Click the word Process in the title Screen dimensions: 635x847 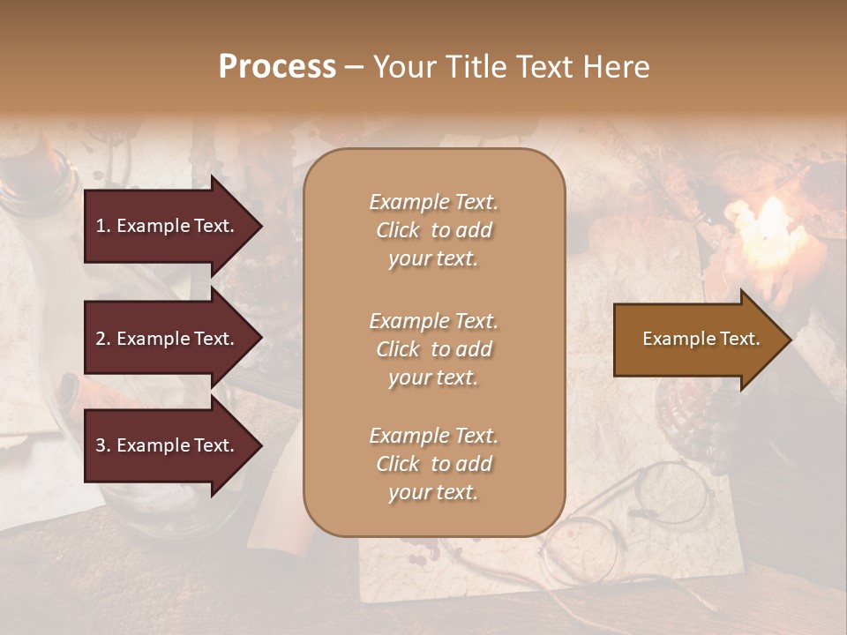coord(277,67)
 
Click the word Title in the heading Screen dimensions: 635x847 coord(477,67)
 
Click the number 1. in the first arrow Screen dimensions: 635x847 coord(103,226)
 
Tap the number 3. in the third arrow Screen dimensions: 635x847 coord(103,445)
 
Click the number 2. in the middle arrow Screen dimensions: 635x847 coord(103,339)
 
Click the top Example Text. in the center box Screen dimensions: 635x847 coord(433,202)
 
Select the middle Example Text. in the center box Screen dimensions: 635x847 coord(433,321)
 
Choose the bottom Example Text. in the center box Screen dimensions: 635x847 coord(433,436)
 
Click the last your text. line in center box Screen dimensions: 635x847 coord(433,493)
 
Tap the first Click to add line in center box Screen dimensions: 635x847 coord(433,231)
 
